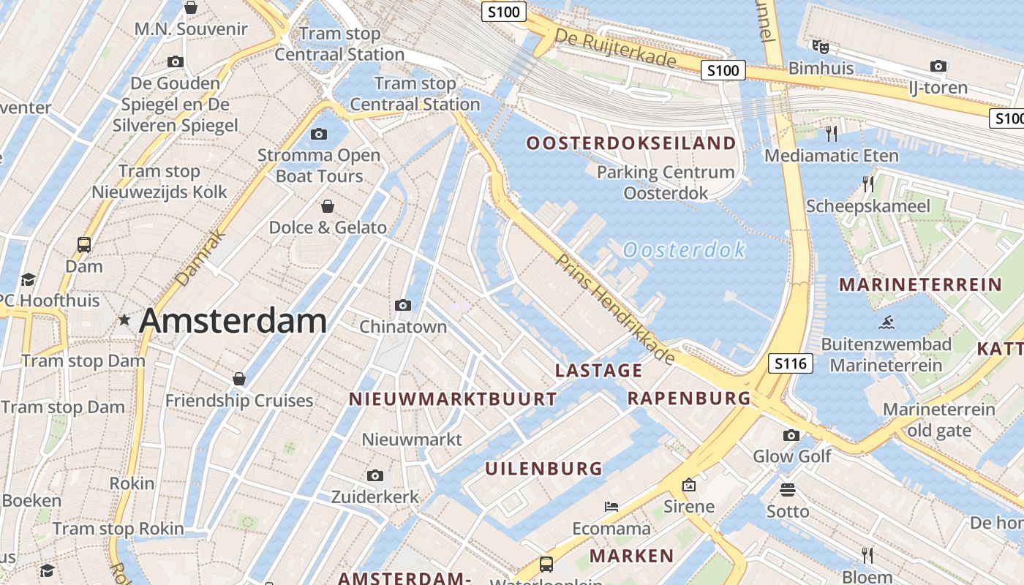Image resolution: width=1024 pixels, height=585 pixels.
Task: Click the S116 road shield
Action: (791, 363)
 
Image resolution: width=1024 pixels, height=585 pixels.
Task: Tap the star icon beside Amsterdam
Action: (124, 320)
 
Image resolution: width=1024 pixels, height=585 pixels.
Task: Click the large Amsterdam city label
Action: (233, 321)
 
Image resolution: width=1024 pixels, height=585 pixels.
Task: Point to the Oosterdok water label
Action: (684, 250)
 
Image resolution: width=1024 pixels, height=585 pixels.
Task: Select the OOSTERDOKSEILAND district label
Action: (631, 143)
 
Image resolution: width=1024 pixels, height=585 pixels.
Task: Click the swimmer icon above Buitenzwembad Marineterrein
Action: (886, 322)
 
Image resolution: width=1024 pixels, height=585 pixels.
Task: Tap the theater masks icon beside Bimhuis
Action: (820, 46)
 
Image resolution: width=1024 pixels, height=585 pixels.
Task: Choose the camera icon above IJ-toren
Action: (938, 67)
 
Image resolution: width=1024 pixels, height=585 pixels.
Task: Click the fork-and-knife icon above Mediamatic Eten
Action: (831, 133)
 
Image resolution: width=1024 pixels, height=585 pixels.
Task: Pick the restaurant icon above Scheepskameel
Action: (868, 184)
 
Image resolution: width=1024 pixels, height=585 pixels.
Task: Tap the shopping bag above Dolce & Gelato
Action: (327, 206)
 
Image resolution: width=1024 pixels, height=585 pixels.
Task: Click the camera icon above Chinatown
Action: (402, 305)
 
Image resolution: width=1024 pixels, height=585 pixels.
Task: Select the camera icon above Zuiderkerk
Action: (375, 476)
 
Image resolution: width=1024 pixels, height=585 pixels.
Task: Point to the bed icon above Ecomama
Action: (611, 506)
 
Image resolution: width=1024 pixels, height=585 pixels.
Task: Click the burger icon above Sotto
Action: (788, 489)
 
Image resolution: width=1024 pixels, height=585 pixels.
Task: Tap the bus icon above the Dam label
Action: (84, 245)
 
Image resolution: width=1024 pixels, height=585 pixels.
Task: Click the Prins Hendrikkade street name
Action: (615, 309)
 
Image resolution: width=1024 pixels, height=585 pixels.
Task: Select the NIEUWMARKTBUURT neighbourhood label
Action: (453, 399)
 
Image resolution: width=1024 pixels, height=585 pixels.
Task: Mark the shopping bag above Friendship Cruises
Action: (238, 379)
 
